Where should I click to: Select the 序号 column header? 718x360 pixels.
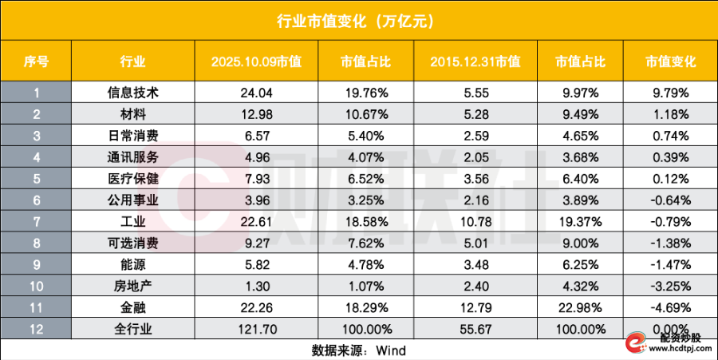[36, 61]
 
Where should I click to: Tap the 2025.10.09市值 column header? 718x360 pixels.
[256, 61]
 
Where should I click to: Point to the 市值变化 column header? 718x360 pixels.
[668, 61]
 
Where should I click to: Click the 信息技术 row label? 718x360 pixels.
[132, 92]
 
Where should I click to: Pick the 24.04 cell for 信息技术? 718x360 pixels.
[256, 92]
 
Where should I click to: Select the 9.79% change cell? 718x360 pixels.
[668, 92]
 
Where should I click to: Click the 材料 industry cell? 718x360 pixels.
[132, 113]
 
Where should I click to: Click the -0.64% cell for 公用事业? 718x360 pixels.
[668, 196]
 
